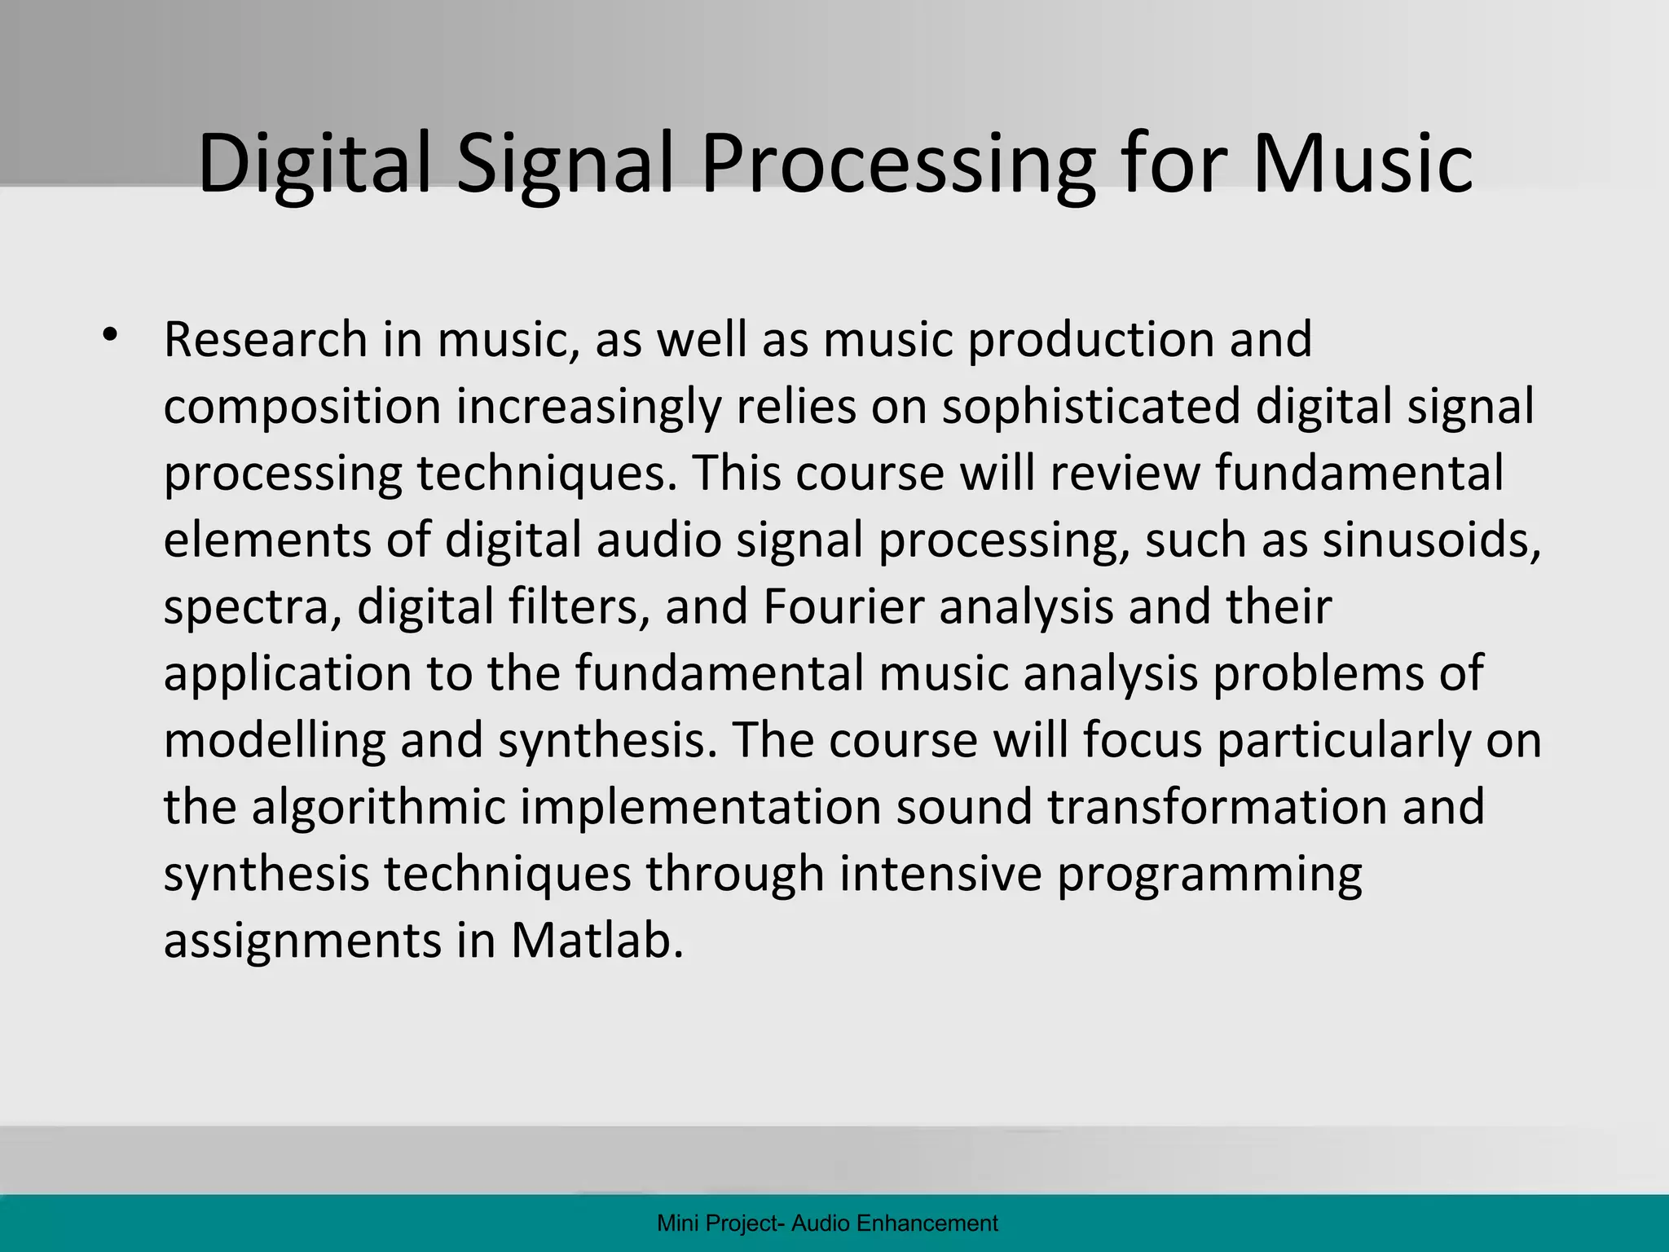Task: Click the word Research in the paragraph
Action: [x=266, y=340]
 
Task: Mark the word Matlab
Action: [x=597, y=941]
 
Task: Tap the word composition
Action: [x=302, y=407]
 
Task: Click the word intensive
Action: [x=940, y=875]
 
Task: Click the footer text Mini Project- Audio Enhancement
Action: [x=827, y=1223]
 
